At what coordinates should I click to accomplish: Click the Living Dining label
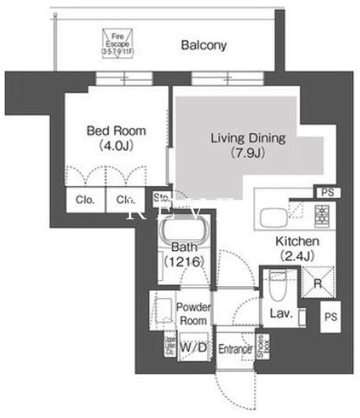[x=247, y=138]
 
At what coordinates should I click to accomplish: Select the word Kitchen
[x=296, y=242]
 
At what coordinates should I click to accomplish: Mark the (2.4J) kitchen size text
[x=296, y=256]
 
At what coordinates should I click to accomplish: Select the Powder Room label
[x=192, y=314]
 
